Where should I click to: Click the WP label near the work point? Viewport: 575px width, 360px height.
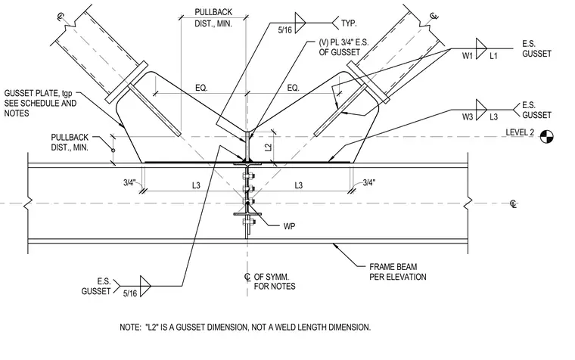click(x=289, y=226)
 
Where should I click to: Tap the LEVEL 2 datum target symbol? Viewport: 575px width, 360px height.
click(x=547, y=137)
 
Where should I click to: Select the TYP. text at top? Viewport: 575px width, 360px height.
click(x=349, y=23)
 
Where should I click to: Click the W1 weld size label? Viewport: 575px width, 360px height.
click(x=468, y=56)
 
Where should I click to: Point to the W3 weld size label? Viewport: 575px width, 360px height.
click(x=468, y=117)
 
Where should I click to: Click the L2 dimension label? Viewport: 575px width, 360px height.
click(x=269, y=147)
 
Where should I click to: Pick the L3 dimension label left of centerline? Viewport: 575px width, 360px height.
click(x=196, y=185)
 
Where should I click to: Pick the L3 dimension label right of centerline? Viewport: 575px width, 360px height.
click(x=299, y=185)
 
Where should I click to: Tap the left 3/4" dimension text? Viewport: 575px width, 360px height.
click(x=129, y=182)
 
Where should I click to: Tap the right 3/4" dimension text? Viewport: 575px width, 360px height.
click(x=369, y=182)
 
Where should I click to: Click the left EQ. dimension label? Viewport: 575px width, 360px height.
click(x=201, y=88)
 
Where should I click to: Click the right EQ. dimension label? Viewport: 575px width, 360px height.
click(x=294, y=88)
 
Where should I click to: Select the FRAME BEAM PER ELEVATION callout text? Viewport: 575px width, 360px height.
click(x=397, y=272)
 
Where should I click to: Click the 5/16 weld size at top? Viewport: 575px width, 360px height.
click(x=285, y=30)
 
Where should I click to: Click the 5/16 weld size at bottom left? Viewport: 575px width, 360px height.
click(x=130, y=293)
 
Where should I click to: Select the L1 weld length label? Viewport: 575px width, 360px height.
click(x=493, y=56)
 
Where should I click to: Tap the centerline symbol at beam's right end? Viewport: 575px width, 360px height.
click(x=514, y=204)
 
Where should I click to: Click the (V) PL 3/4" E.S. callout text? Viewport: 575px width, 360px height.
click(x=343, y=42)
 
